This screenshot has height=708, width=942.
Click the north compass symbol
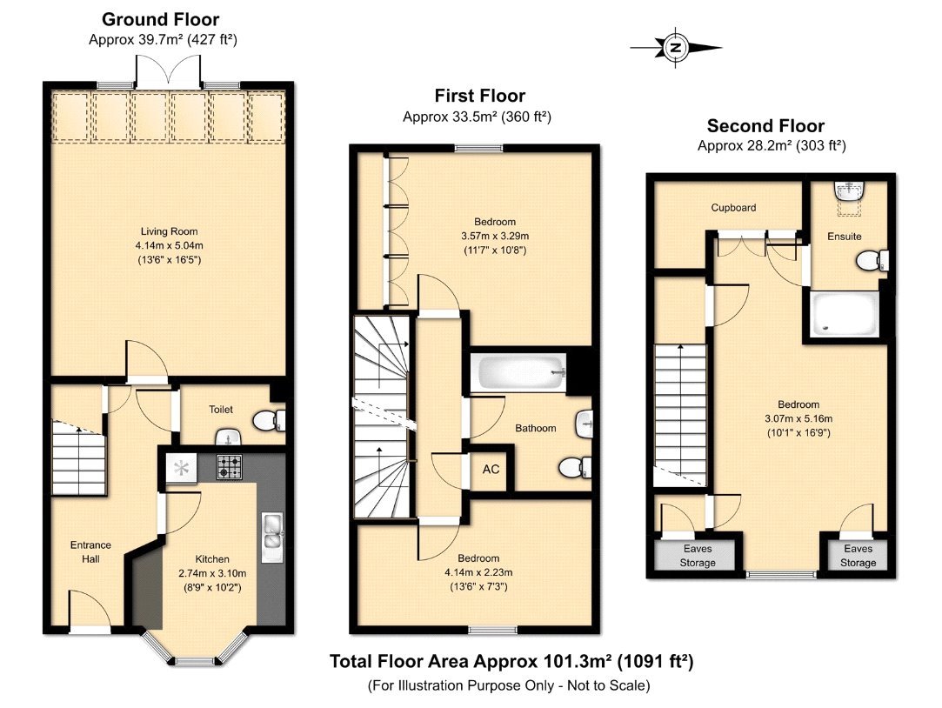tap(675, 49)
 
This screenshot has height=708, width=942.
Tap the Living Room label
tap(170, 231)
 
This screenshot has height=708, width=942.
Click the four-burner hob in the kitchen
tap(229, 467)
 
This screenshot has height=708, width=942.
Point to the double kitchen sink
tap(270, 532)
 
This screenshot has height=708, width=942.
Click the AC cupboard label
tap(491, 469)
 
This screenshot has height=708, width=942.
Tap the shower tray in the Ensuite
tap(844, 313)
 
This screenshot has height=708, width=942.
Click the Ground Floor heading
tap(161, 19)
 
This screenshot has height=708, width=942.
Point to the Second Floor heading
tap(765, 126)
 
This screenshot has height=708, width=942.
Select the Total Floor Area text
tap(511, 662)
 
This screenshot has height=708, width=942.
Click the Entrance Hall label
tap(90, 551)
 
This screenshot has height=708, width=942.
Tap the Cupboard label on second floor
tap(733, 208)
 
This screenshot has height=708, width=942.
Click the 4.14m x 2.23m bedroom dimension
tap(478, 572)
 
